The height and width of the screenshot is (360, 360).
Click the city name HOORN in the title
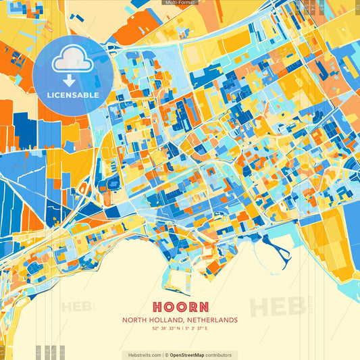pos(180,306)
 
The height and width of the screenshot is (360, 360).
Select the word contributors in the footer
pos(219,355)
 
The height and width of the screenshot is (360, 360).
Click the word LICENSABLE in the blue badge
pos(73,95)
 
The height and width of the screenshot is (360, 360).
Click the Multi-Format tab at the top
pos(180,3)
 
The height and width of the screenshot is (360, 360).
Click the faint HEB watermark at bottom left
pos(78,307)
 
